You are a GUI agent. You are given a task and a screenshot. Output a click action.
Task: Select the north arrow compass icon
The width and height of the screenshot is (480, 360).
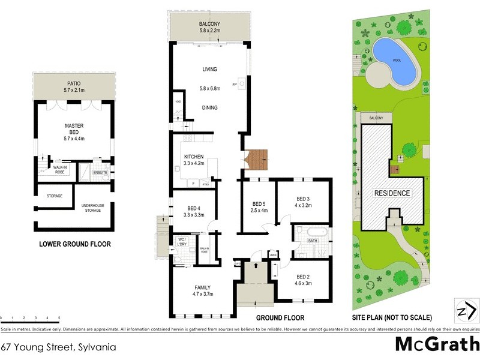pyautogui.click(x=467, y=310)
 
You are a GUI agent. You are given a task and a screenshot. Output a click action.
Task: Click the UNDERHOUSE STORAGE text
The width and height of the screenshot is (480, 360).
pyautogui.click(x=92, y=208)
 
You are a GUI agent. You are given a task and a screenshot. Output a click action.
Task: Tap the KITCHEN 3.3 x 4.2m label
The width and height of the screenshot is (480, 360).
pyautogui.click(x=194, y=160)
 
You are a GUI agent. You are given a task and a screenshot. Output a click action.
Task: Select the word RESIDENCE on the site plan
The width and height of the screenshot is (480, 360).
pyautogui.click(x=392, y=193)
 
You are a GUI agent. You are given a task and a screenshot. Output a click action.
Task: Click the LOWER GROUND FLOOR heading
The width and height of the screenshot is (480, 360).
pyautogui.click(x=74, y=244)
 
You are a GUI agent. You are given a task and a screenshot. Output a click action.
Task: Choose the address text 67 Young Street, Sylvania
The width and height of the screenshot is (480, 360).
pyautogui.click(x=58, y=346)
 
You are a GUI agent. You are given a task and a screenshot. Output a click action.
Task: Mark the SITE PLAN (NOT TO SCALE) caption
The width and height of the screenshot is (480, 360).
pyautogui.click(x=392, y=318)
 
